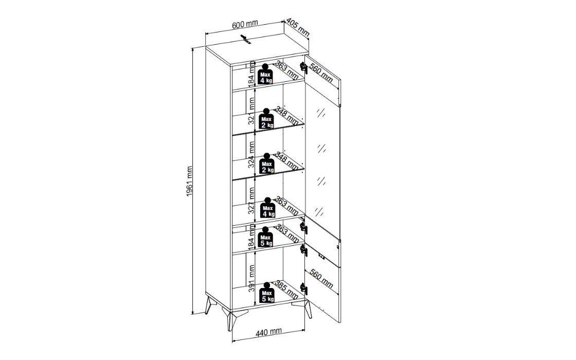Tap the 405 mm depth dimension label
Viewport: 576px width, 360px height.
298,27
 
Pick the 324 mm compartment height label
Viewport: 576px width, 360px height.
251,155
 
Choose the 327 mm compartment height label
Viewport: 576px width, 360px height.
251,201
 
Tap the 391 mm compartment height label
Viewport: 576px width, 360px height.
251,278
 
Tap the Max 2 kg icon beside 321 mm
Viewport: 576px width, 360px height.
267,119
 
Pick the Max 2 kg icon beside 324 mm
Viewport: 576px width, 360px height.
267,164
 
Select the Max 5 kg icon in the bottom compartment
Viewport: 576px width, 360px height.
267,293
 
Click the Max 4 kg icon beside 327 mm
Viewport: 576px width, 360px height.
267,208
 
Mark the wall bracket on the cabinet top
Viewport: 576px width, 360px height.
246,39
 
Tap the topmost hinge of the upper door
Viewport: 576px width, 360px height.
303,67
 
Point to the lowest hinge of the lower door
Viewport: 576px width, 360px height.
303,289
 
